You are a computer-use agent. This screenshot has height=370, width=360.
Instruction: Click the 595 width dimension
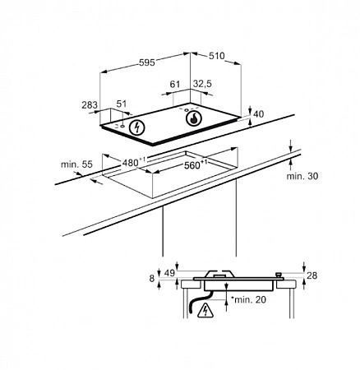[x=147, y=62]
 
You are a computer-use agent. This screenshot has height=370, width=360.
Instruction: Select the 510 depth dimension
[x=217, y=56]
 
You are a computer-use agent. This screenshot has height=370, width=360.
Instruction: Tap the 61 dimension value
[x=174, y=84]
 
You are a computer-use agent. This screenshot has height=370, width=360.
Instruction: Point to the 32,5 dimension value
[x=202, y=84]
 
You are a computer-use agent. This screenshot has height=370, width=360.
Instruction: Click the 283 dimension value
[x=90, y=104]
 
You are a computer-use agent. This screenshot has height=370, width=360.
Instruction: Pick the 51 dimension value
[x=122, y=104]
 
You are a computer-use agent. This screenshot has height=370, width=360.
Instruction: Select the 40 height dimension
[x=259, y=114]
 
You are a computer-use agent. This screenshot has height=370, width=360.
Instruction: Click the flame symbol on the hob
[x=193, y=118]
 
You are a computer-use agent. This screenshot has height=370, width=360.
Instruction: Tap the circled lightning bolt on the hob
[x=136, y=127]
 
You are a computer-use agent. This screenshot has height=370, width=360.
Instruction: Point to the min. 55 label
[x=76, y=164]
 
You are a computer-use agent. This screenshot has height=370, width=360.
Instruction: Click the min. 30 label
[x=302, y=176]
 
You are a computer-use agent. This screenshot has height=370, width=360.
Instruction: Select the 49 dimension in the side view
[x=169, y=273]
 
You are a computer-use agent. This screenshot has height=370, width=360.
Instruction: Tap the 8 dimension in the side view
[x=152, y=279]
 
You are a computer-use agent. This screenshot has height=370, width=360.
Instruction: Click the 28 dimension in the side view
[x=312, y=275]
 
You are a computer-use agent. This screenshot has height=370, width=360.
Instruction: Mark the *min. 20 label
[x=248, y=299]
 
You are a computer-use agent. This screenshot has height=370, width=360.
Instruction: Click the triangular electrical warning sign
[x=205, y=310]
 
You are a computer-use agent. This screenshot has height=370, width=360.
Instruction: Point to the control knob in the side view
[x=279, y=275]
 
